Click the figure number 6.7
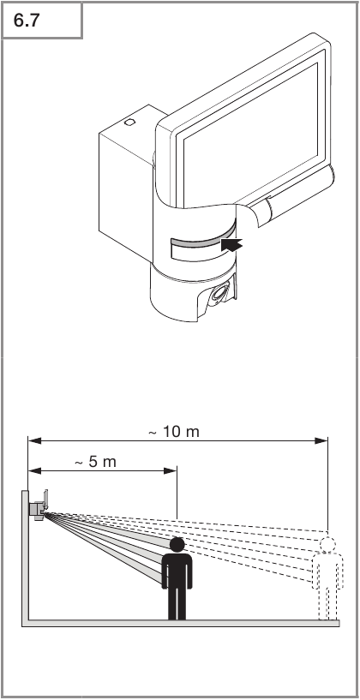27,21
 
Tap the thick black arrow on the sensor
231,245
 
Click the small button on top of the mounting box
129,122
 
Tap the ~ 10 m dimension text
174,432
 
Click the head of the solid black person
177,545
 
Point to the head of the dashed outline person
327,545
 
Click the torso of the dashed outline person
327,570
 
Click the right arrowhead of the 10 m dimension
321,440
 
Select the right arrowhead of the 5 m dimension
171,470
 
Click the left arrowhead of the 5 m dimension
35,470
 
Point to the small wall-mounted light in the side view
39,505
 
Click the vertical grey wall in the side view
25,555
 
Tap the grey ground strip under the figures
181,623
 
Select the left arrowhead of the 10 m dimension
35,440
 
